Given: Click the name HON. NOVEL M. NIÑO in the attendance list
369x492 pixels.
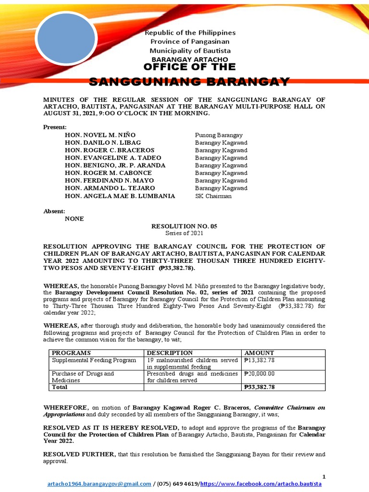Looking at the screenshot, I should pos(96,135).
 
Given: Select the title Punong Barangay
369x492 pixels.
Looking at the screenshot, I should pos(219,135).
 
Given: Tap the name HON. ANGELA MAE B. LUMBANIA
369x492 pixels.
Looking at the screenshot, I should pos(120,196).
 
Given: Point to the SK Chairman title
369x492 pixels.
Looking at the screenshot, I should pos(213,196).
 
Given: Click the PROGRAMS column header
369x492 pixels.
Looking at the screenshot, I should pos(71,353).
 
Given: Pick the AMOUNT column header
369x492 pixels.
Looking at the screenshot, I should pos(259,353).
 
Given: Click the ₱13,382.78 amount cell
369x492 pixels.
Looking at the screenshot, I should pos(259,360).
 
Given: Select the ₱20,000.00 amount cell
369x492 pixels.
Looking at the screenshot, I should pos(259,373).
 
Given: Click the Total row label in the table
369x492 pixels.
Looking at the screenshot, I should pos(60,387).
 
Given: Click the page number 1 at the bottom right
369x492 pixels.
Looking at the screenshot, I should pos(324,477).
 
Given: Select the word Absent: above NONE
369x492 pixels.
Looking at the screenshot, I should pos(54,211).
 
